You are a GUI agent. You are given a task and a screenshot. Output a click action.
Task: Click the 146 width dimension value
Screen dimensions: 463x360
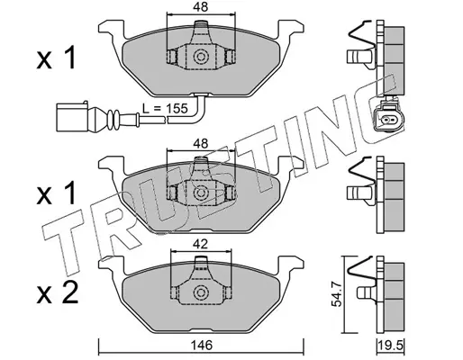point(201,346)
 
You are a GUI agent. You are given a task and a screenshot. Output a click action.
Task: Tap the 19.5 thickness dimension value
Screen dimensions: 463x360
point(391,346)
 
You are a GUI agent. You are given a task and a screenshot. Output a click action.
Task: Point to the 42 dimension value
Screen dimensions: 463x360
point(201,245)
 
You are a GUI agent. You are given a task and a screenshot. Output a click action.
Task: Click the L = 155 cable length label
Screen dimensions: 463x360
point(165,108)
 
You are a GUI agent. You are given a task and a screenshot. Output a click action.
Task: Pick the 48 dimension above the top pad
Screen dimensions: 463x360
point(201,7)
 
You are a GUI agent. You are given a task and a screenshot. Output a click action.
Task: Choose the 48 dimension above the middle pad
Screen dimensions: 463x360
point(201,144)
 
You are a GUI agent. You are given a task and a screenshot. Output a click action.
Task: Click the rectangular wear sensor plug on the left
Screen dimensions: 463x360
point(72,117)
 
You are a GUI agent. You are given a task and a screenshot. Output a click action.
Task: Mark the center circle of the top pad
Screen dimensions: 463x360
point(200,57)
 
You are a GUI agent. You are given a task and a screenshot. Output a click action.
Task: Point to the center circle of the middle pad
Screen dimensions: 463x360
point(200,193)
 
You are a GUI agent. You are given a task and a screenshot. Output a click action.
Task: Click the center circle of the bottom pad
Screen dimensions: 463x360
point(200,292)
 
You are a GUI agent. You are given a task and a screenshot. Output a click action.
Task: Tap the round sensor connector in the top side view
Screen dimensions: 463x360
point(389,118)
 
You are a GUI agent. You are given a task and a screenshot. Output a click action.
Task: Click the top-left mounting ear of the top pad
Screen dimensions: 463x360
point(111,29)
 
